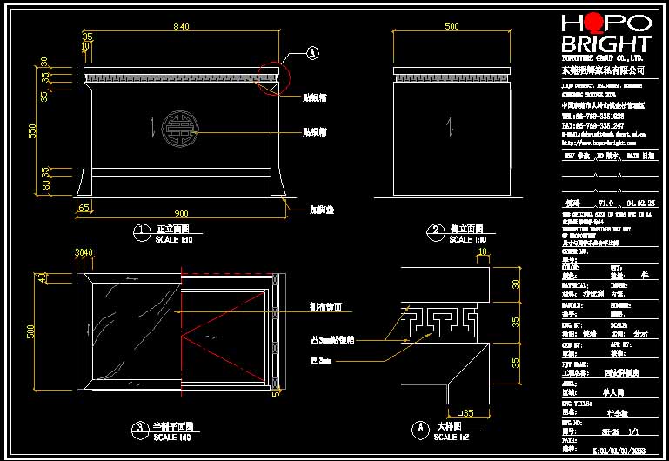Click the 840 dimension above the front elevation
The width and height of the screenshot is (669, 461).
point(181,27)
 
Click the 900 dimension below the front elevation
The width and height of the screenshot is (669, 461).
point(181,213)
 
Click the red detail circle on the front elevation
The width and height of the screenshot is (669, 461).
point(275,76)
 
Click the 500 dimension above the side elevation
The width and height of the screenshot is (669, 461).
point(452,27)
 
